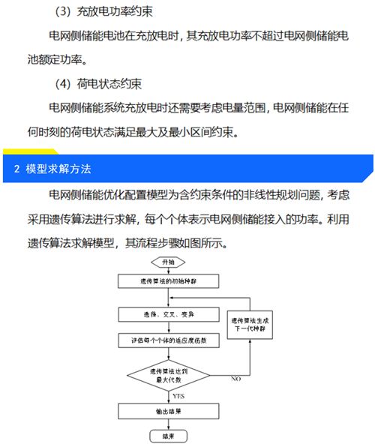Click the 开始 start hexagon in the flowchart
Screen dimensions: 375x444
(168, 262)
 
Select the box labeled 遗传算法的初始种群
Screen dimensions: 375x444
(168, 281)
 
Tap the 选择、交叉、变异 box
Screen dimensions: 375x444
(169, 314)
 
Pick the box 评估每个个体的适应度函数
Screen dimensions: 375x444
(169, 340)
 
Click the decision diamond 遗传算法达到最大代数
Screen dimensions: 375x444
(169, 376)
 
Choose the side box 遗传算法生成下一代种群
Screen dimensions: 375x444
(250, 325)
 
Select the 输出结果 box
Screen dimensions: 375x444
(169, 411)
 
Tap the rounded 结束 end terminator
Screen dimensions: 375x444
(169, 436)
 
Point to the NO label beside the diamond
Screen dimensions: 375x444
(236, 379)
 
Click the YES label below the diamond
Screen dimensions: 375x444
(178, 396)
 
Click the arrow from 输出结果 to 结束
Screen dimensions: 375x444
(169, 424)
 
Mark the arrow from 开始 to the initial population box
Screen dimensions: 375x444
(169, 271)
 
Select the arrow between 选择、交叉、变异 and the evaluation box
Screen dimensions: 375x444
(169, 327)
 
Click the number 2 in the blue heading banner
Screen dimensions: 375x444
(16, 169)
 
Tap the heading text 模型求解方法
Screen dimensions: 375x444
(58, 169)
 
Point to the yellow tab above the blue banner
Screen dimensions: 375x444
(31, 151)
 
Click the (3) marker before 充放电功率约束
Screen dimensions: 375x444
(62, 11)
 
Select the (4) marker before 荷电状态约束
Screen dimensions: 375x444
(62, 84)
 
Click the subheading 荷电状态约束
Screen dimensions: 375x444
(109, 84)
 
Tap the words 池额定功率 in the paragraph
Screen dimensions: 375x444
(55, 59)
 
